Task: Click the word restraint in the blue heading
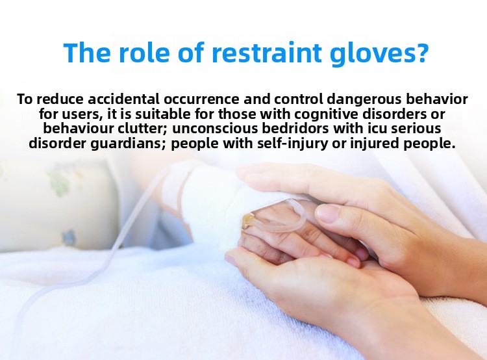(266, 53)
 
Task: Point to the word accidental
(123, 99)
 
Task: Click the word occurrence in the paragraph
(201, 99)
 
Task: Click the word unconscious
(215, 129)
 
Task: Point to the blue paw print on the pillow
(68, 238)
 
